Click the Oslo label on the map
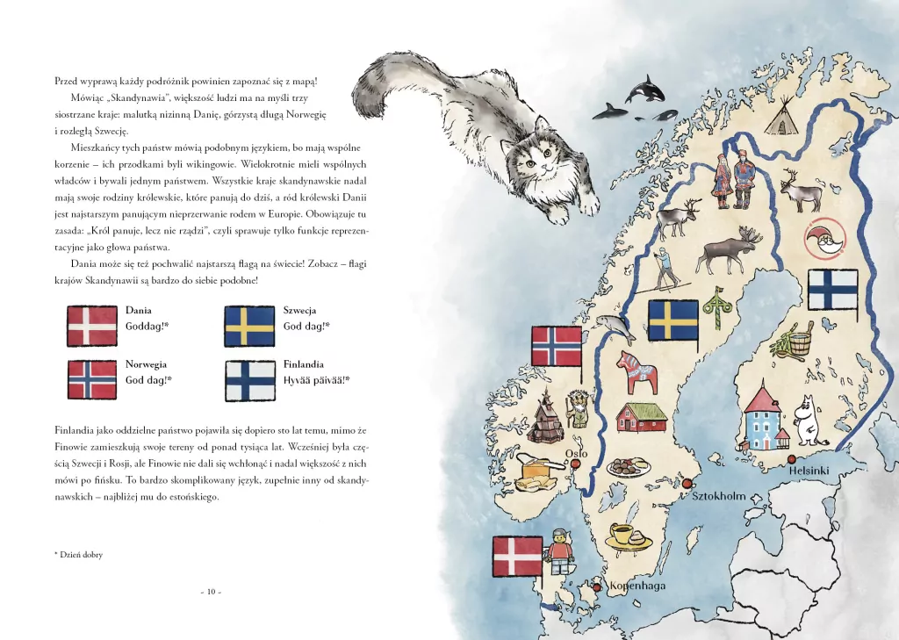coord(576,454)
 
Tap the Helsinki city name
coord(809,471)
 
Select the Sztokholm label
coord(719,496)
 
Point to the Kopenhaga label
coord(637,586)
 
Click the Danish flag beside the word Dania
coord(92,326)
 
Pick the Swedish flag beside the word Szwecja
coord(249,326)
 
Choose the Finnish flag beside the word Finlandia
coord(249,380)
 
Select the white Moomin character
coord(805,420)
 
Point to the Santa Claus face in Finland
coord(825,236)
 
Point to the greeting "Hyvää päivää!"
coord(317,380)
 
